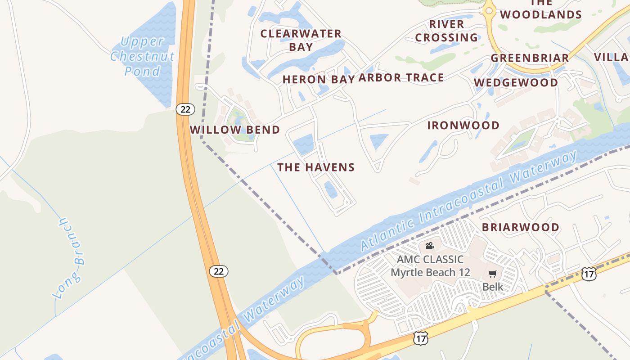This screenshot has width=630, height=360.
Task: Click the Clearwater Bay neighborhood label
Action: point(301,40)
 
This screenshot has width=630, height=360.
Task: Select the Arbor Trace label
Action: point(401,78)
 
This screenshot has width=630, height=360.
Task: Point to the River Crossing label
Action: point(446,31)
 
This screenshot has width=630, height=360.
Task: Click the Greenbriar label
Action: point(530,58)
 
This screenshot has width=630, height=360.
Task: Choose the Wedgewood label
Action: point(516,83)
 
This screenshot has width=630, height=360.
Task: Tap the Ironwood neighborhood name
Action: point(463,126)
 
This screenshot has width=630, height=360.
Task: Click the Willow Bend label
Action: point(234,130)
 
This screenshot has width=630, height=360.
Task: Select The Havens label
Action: point(316,168)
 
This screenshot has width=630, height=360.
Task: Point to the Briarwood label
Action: point(521,227)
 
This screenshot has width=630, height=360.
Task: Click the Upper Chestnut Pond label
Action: point(142,57)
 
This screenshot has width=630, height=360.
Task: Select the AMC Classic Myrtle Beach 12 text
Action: point(430,266)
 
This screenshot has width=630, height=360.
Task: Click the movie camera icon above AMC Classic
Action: point(430,246)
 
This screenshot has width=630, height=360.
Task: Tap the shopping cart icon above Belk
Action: point(493,274)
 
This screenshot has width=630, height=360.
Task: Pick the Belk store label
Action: point(493,287)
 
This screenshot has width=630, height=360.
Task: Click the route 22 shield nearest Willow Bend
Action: point(185,109)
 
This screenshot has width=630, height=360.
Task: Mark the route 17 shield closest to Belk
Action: point(589,274)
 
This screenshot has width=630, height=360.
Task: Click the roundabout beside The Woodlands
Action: point(489,10)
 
